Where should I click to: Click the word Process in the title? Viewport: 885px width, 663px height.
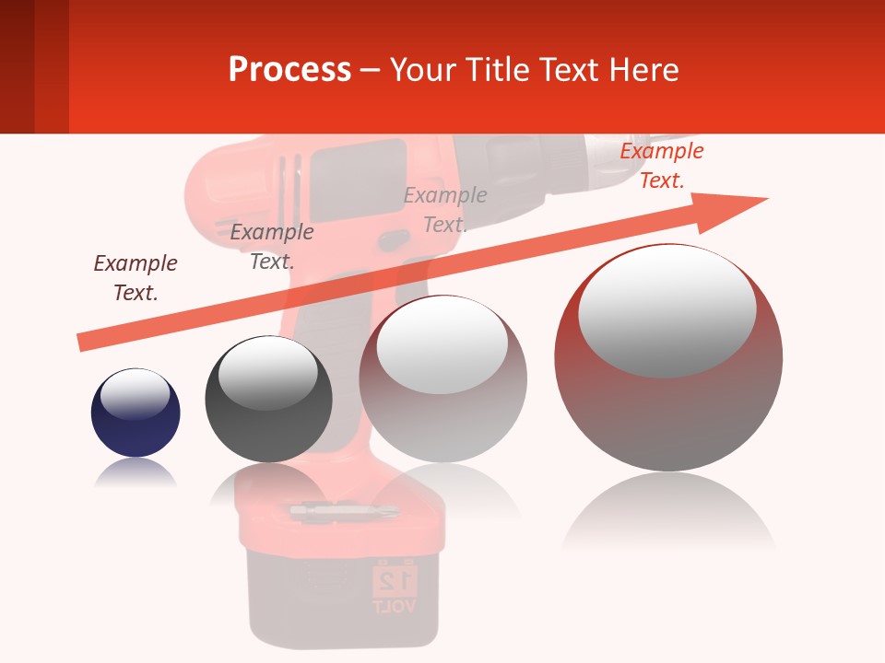click(x=289, y=70)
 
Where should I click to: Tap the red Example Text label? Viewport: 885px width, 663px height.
click(x=661, y=166)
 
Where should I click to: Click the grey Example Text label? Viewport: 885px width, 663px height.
click(x=445, y=209)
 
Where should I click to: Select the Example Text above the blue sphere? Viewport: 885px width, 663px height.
click(x=136, y=277)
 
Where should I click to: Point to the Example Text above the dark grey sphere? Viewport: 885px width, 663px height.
click(x=272, y=246)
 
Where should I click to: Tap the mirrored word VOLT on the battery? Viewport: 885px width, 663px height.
click(x=395, y=606)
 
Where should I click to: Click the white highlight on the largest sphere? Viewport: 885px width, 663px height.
click(x=667, y=310)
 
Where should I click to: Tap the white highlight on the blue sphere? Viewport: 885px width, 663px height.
click(x=136, y=393)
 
